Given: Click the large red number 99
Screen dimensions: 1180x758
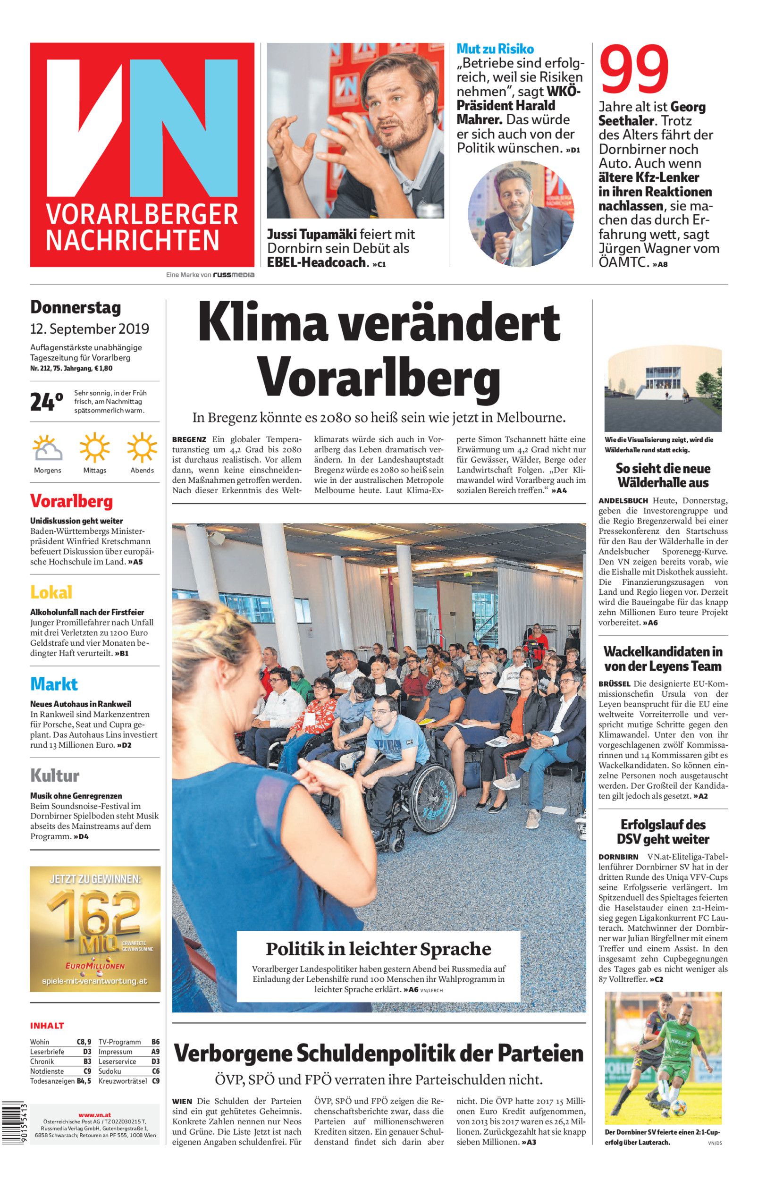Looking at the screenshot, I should click(x=634, y=70).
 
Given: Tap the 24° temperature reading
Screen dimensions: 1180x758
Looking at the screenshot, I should click(x=46, y=402).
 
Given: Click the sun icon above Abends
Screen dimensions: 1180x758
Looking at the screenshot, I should click(x=142, y=447).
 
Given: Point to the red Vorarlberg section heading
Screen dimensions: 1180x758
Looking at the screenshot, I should click(x=71, y=501).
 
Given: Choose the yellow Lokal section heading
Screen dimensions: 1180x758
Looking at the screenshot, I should click(x=51, y=592).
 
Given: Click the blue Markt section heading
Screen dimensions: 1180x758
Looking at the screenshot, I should click(x=54, y=683).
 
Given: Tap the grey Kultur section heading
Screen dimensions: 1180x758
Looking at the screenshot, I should click(x=55, y=775).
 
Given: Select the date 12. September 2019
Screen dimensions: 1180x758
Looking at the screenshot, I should click(x=89, y=328).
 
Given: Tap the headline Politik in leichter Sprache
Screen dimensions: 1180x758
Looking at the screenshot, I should click(x=378, y=948).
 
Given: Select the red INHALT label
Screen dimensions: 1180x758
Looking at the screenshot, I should click(x=47, y=1026).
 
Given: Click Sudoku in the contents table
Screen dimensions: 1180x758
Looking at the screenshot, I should click(x=110, y=1071).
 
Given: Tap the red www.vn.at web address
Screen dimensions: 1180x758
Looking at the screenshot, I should click(x=94, y=1101).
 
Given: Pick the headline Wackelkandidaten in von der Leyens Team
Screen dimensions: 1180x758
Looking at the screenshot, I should click(x=663, y=659).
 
